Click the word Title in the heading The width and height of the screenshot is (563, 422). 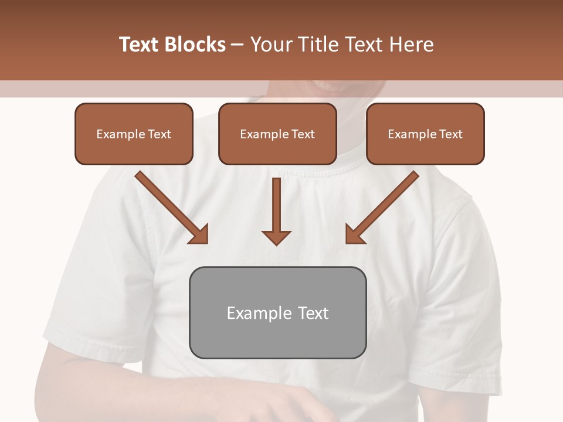click(x=311, y=45)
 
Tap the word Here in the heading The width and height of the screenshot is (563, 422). click(x=412, y=45)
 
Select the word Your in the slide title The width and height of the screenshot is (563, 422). click(x=270, y=45)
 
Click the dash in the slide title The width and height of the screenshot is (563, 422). click(x=238, y=45)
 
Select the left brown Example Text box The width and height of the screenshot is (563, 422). click(x=134, y=134)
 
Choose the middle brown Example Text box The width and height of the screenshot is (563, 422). click(x=277, y=134)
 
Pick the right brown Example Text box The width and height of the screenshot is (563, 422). click(x=425, y=134)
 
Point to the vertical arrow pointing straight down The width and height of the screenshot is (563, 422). click(x=276, y=205)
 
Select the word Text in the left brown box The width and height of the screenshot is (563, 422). click(x=160, y=134)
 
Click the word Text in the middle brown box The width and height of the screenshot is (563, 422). click(x=303, y=134)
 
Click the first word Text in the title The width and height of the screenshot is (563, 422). click(x=139, y=45)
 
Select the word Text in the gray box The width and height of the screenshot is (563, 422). click(x=313, y=313)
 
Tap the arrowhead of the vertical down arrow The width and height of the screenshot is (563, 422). click(x=276, y=238)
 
